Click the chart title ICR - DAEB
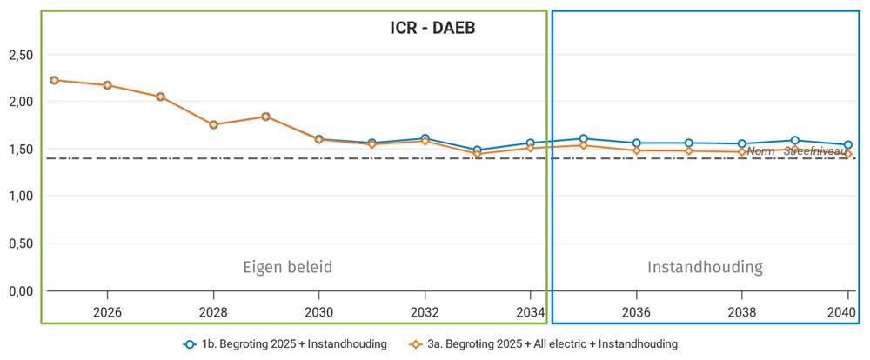pyautogui.click(x=432, y=29)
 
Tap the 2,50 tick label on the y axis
pyautogui.click(x=20, y=55)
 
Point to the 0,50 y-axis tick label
pyautogui.click(x=20, y=243)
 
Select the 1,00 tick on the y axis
pyautogui.click(x=20, y=197)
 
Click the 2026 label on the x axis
pyautogui.click(x=107, y=312)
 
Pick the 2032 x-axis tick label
pyautogui.click(x=425, y=312)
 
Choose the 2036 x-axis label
pyautogui.click(x=636, y=312)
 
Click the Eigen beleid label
pyautogui.click(x=288, y=267)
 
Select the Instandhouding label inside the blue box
pyautogui.click(x=705, y=267)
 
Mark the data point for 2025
pyautogui.click(x=54, y=80)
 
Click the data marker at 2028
pyautogui.click(x=213, y=124)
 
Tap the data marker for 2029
pyautogui.click(x=266, y=117)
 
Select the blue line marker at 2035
pyautogui.click(x=584, y=138)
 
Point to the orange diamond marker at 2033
pyautogui.click(x=478, y=154)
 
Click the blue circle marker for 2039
pyautogui.click(x=795, y=140)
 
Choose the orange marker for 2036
pyautogui.click(x=637, y=150)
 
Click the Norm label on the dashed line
pyautogui.click(x=760, y=151)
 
